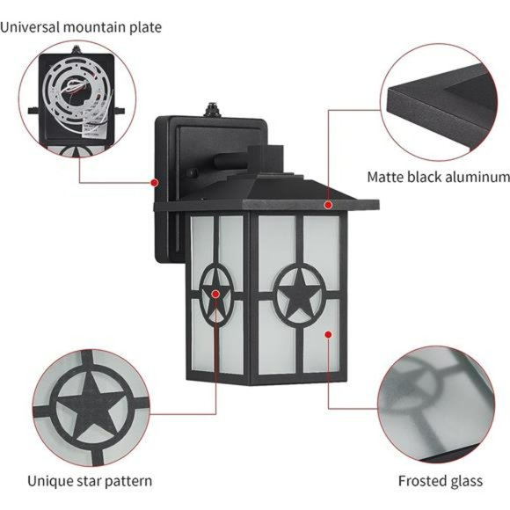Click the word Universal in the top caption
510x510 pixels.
click(x=29, y=27)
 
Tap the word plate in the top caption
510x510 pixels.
click(x=143, y=27)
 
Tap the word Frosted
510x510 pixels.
click(x=423, y=481)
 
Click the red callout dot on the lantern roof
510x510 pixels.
click(x=328, y=205)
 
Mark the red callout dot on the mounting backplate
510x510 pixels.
click(x=155, y=183)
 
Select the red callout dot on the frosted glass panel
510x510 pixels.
click(x=328, y=334)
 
